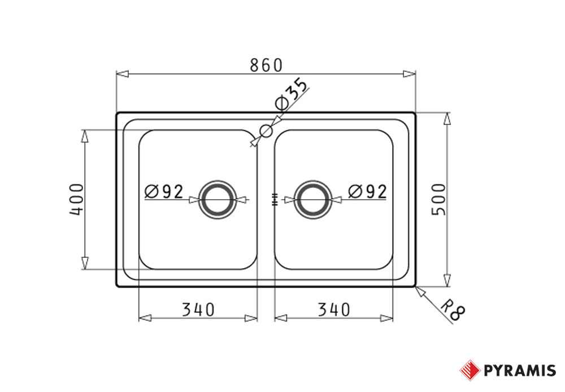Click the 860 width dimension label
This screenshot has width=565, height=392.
point(266,65)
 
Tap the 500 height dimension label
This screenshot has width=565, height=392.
point(439,200)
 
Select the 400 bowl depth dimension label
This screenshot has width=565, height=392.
point(76,200)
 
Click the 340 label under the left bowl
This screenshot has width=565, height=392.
point(198,309)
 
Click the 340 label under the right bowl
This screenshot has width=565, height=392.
point(334,309)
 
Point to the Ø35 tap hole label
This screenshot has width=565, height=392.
point(291,93)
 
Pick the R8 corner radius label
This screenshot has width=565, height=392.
point(453,310)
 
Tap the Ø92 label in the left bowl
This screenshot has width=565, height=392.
point(164,192)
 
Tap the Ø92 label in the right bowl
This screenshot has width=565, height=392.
point(368,192)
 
